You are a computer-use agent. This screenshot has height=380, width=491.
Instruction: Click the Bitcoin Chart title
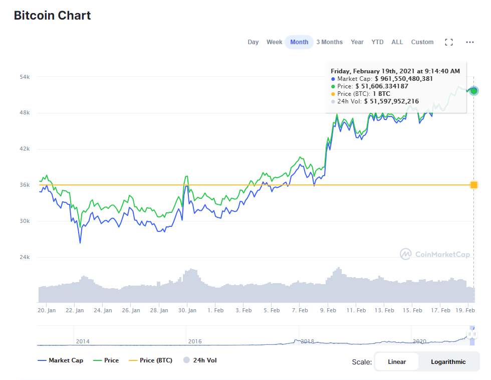click(x=52, y=16)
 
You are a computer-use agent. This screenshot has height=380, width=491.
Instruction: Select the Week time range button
click(x=275, y=42)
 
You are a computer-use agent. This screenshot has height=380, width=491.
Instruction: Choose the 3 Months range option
click(x=330, y=42)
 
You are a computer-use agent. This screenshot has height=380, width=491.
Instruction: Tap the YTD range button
click(x=377, y=42)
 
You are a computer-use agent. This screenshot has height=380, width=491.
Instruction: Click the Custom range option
click(x=422, y=42)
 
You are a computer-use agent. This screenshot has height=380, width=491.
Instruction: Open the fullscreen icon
click(x=449, y=42)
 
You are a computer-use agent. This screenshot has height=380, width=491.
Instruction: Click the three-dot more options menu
click(x=470, y=42)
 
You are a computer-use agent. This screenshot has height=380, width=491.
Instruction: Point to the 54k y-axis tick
click(x=25, y=77)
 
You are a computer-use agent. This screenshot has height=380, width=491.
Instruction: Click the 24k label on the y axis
click(x=25, y=257)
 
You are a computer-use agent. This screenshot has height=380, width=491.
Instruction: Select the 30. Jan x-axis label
click(x=187, y=310)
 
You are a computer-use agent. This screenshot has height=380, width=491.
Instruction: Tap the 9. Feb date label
click(x=328, y=310)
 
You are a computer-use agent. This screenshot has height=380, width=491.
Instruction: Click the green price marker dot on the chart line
click(x=474, y=91)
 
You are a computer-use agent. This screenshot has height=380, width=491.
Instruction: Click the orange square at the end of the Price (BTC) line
click(x=474, y=185)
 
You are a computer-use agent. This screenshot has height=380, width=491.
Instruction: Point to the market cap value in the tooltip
click(x=404, y=79)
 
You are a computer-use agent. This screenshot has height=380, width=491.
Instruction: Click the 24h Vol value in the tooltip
click(x=391, y=101)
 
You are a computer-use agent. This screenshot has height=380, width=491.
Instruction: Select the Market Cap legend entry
click(x=61, y=360)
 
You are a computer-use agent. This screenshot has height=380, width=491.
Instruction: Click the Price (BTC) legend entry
click(x=151, y=360)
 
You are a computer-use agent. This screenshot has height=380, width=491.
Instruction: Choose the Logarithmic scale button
click(x=448, y=362)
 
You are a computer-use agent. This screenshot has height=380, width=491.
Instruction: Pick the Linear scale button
click(x=397, y=362)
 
